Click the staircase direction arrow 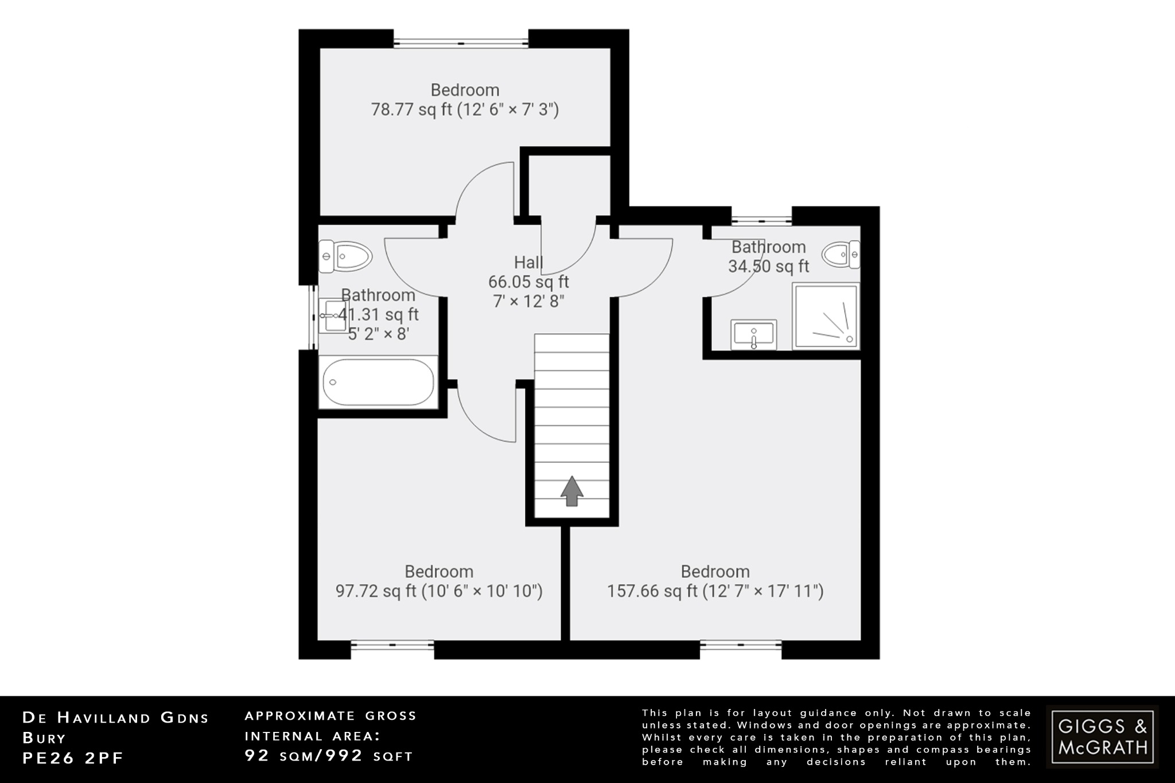[571, 491]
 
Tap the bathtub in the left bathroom [378, 382]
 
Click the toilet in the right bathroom [841, 254]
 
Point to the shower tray [826, 316]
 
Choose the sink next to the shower [753, 334]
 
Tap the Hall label [528, 262]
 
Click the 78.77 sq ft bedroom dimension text [465, 109]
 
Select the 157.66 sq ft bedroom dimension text [715, 591]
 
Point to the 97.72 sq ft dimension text [439, 591]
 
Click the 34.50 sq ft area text [768, 266]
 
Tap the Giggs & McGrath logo [1102, 737]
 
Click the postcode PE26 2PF [73, 758]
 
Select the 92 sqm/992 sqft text [329, 755]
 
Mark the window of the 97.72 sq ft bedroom [392, 645]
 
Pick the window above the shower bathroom [761, 219]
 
